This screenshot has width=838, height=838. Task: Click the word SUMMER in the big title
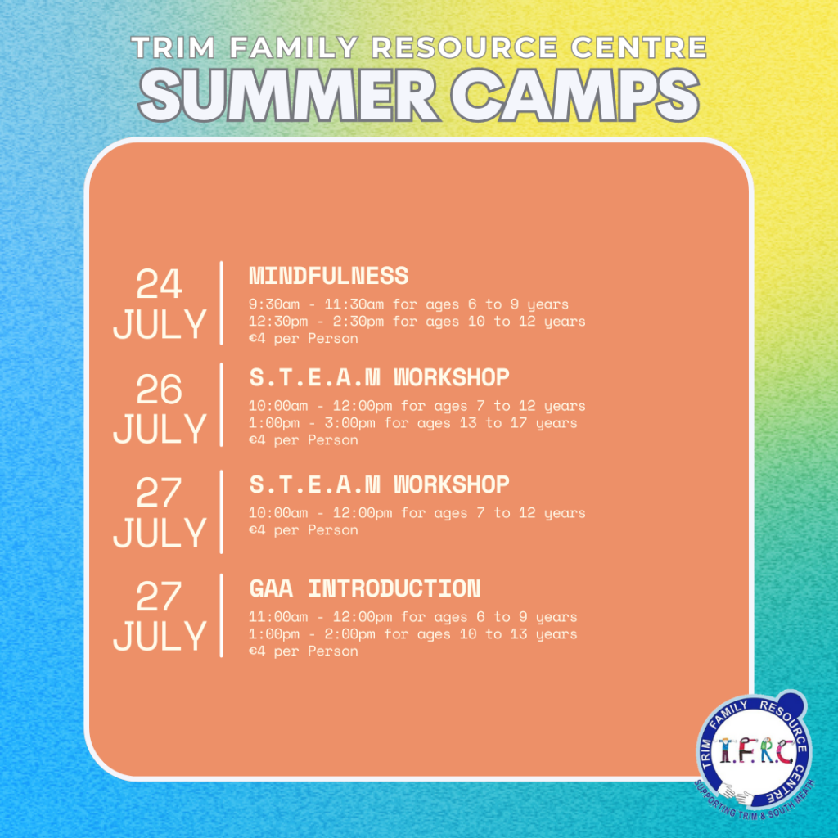click(289, 96)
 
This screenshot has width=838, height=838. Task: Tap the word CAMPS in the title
click(575, 96)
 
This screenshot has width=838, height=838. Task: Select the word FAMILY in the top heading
click(294, 47)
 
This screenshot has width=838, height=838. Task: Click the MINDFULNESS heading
click(329, 276)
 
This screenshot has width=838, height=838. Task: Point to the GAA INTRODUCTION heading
click(365, 588)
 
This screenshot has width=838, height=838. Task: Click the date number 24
click(160, 284)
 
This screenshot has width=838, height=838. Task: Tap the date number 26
click(160, 389)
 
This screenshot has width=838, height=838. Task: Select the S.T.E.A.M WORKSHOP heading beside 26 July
click(380, 377)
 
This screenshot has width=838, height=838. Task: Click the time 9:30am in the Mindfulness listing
click(274, 304)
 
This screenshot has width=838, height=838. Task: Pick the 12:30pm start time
click(278, 321)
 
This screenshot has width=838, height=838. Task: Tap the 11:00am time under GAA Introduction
click(278, 617)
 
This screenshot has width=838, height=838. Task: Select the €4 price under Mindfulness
click(257, 338)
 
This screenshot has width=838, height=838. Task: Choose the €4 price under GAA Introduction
click(257, 651)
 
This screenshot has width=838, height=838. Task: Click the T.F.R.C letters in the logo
click(755, 751)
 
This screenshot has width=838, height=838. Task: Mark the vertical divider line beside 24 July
click(221, 303)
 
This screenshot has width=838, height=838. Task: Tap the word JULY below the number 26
click(160, 429)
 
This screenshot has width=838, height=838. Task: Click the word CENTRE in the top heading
click(639, 47)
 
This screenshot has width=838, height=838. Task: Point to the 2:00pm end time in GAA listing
click(350, 634)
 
